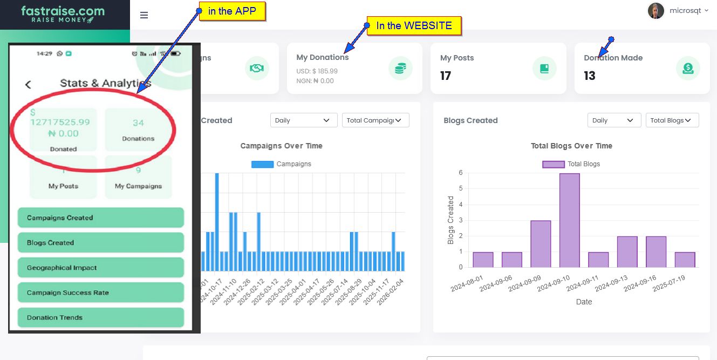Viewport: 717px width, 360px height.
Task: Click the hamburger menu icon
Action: click(144, 15)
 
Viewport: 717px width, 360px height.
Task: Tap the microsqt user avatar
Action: click(655, 11)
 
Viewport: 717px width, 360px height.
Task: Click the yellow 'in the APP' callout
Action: click(232, 11)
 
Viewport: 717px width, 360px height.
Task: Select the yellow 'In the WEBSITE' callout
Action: click(414, 25)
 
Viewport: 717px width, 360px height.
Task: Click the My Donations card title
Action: click(322, 57)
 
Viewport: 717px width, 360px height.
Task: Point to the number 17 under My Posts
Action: click(446, 76)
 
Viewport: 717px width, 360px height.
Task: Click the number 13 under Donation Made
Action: click(590, 76)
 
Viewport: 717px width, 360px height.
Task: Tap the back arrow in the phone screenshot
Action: click(28, 84)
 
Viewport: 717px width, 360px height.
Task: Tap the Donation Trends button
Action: click(101, 317)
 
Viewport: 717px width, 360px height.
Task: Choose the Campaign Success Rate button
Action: click(101, 293)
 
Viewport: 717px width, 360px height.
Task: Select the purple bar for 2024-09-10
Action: click(570, 220)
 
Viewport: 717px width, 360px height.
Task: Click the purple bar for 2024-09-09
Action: click(541, 244)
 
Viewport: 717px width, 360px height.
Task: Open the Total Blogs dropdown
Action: click(672, 120)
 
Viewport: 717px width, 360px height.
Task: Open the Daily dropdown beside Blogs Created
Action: click(614, 120)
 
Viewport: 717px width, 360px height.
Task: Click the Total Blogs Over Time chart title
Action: click(571, 146)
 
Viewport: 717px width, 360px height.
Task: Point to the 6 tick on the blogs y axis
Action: click(461, 173)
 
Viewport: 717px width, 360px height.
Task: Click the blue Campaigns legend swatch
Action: click(262, 164)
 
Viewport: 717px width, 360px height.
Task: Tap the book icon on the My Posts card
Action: click(544, 68)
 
